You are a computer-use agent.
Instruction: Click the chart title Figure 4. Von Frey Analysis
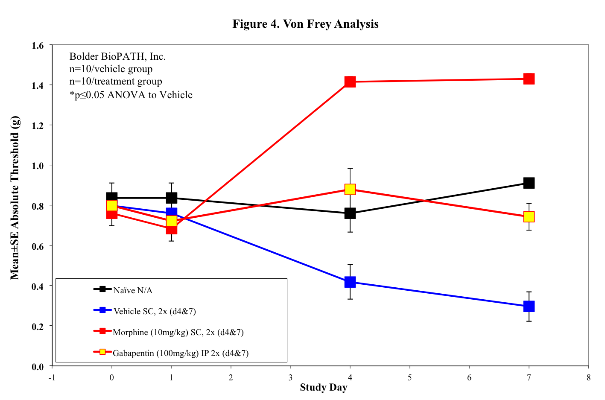pyautogui.click(x=305, y=24)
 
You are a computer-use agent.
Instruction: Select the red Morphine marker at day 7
pyautogui.click(x=529, y=79)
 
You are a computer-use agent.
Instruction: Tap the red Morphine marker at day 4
pyautogui.click(x=350, y=82)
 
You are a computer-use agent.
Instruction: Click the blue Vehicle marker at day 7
pyautogui.click(x=529, y=306)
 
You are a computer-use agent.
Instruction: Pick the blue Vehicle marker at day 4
pyautogui.click(x=350, y=282)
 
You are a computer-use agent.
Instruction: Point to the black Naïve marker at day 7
pyautogui.click(x=529, y=183)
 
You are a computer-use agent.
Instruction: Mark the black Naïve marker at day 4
pyautogui.click(x=350, y=213)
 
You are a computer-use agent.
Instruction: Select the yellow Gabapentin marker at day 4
pyautogui.click(x=350, y=189)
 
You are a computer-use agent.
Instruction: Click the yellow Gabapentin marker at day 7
pyautogui.click(x=529, y=216)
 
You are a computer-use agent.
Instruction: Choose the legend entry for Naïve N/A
pyautogui.click(x=133, y=290)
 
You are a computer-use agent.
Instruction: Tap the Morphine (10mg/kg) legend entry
pyautogui.click(x=178, y=332)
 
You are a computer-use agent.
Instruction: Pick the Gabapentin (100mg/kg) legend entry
pyautogui.click(x=181, y=353)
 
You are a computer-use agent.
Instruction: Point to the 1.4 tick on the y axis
pyautogui.click(x=38, y=86)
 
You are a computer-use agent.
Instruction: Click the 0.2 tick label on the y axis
pyautogui.click(x=38, y=327)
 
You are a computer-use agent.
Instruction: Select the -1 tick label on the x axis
pyautogui.click(x=52, y=378)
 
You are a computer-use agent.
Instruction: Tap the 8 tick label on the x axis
pyautogui.click(x=588, y=378)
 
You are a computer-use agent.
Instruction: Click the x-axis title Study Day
pyautogui.click(x=323, y=388)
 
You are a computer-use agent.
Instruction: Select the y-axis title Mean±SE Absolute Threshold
pyautogui.click(x=15, y=198)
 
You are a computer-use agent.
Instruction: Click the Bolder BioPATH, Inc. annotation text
pyautogui.click(x=117, y=56)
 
